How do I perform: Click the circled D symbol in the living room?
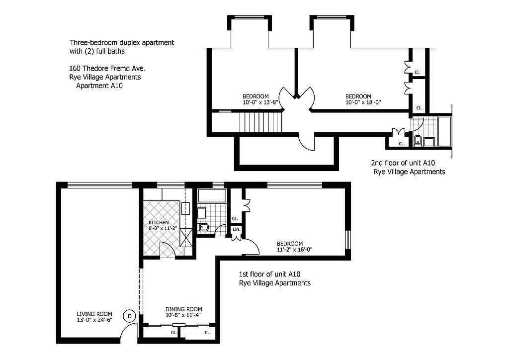130,316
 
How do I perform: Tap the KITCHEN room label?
159,222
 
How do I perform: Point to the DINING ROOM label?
184,309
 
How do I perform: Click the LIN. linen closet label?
237,229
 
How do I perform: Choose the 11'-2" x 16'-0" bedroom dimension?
294,250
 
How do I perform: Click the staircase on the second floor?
260,122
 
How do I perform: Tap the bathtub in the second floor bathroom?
444,131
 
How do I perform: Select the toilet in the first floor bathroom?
203,227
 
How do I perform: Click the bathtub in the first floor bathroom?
212,196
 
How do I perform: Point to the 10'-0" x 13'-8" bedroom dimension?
260,102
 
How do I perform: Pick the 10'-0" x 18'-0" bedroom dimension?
363,102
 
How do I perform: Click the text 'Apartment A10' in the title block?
99,86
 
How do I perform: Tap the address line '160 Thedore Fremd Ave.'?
107,69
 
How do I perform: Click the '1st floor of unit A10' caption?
272,274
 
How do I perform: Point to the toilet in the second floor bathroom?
418,141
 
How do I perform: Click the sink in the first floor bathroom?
202,213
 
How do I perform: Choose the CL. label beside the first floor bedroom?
235,218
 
